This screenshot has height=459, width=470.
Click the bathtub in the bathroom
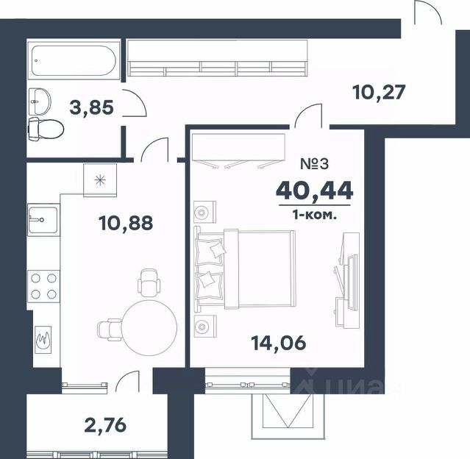[74, 60]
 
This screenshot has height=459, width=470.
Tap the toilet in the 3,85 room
[46, 129]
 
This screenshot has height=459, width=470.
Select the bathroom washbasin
[40, 102]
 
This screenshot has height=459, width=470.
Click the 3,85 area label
[91, 107]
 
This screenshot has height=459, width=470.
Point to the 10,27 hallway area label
[379, 92]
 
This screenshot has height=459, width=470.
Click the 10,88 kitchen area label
[126, 223]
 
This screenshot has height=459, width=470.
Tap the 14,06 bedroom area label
[279, 343]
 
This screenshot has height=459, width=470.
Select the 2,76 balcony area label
[105, 425]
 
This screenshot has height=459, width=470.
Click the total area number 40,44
[314, 191]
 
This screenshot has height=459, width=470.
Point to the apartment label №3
[314, 164]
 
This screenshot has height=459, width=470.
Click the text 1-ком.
[315, 215]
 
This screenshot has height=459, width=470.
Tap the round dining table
[149, 327]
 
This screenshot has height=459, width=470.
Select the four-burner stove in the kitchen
[43, 286]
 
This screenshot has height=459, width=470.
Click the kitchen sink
[43, 220]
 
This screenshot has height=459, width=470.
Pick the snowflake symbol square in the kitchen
[100, 180]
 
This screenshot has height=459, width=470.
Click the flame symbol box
[43, 339]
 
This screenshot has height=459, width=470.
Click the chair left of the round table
[110, 330]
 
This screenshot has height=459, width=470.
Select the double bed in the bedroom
[245, 269]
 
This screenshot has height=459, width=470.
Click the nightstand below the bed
[205, 326]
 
